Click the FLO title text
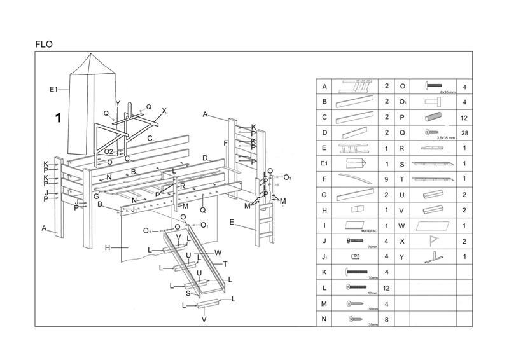[x=44, y=45]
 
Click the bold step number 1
[x=58, y=118]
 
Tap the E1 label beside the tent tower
[x=54, y=89]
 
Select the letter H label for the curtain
[x=108, y=247]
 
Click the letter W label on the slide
[x=218, y=253]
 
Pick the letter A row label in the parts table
[x=324, y=87]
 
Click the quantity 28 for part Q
[x=464, y=133]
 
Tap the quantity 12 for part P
[x=464, y=118]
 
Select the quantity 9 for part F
[x=387, y=179]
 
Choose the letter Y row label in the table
[x=402, y=257]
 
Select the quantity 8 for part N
[x=387, y=319]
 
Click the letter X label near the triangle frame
[x=164, y=111]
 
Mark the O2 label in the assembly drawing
[x=109, y=151]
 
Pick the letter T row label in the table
[x=402, y=179]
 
